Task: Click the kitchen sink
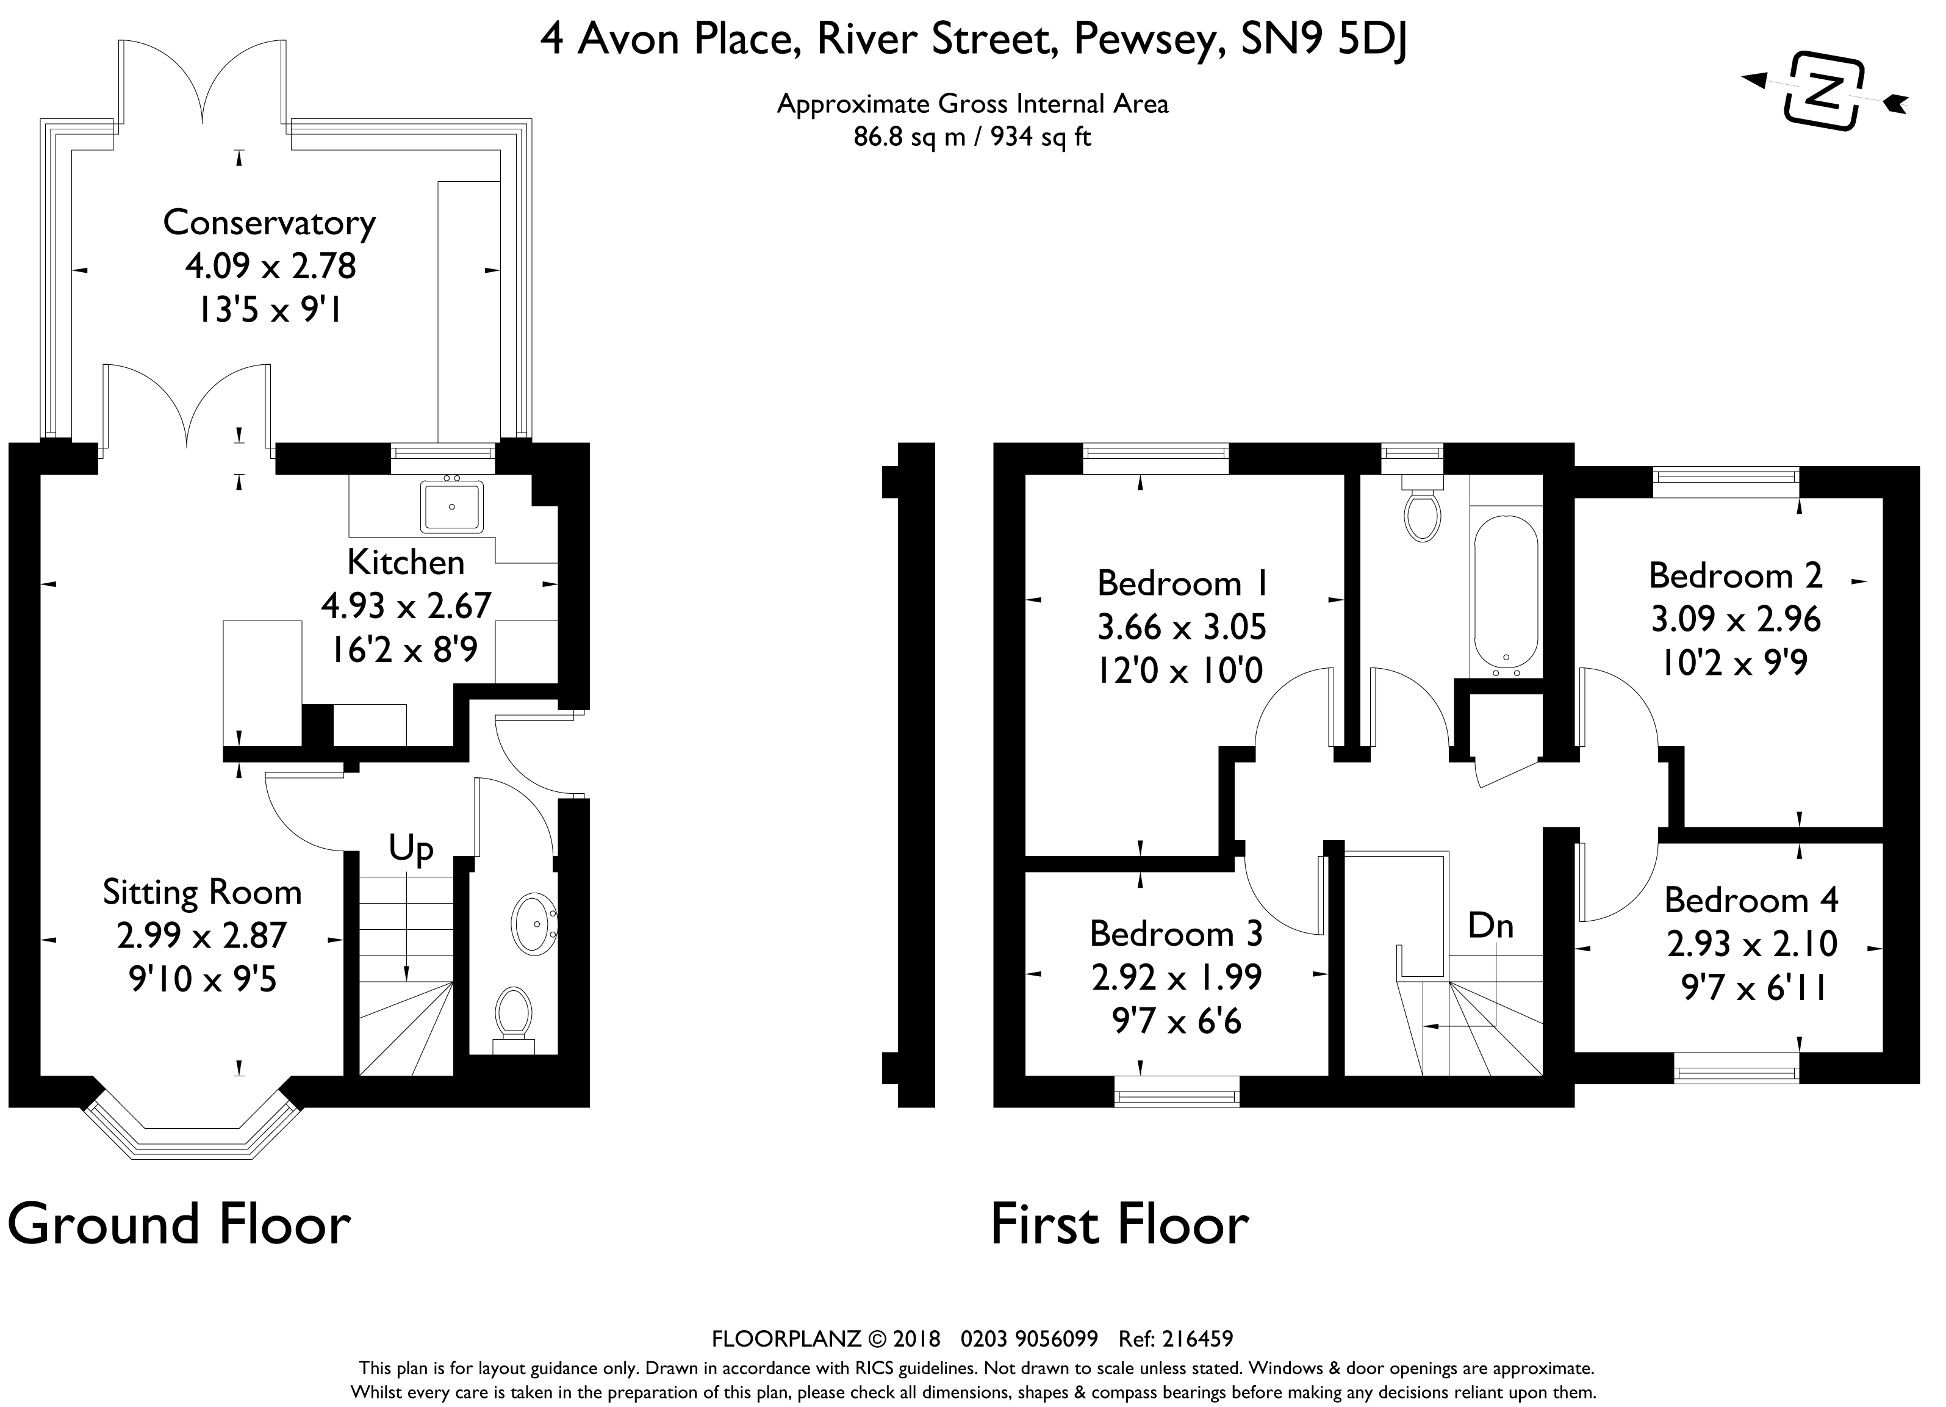tap(451, 506)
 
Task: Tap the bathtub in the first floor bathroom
tap(1505, 599)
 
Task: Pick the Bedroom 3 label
tap(1176, 934)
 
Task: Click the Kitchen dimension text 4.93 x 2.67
tap(406, 606)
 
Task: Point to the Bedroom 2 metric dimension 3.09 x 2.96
tap(1736, 619)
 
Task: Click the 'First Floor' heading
tap(1120, 1225)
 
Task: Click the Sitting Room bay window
tap(193, 1126)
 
